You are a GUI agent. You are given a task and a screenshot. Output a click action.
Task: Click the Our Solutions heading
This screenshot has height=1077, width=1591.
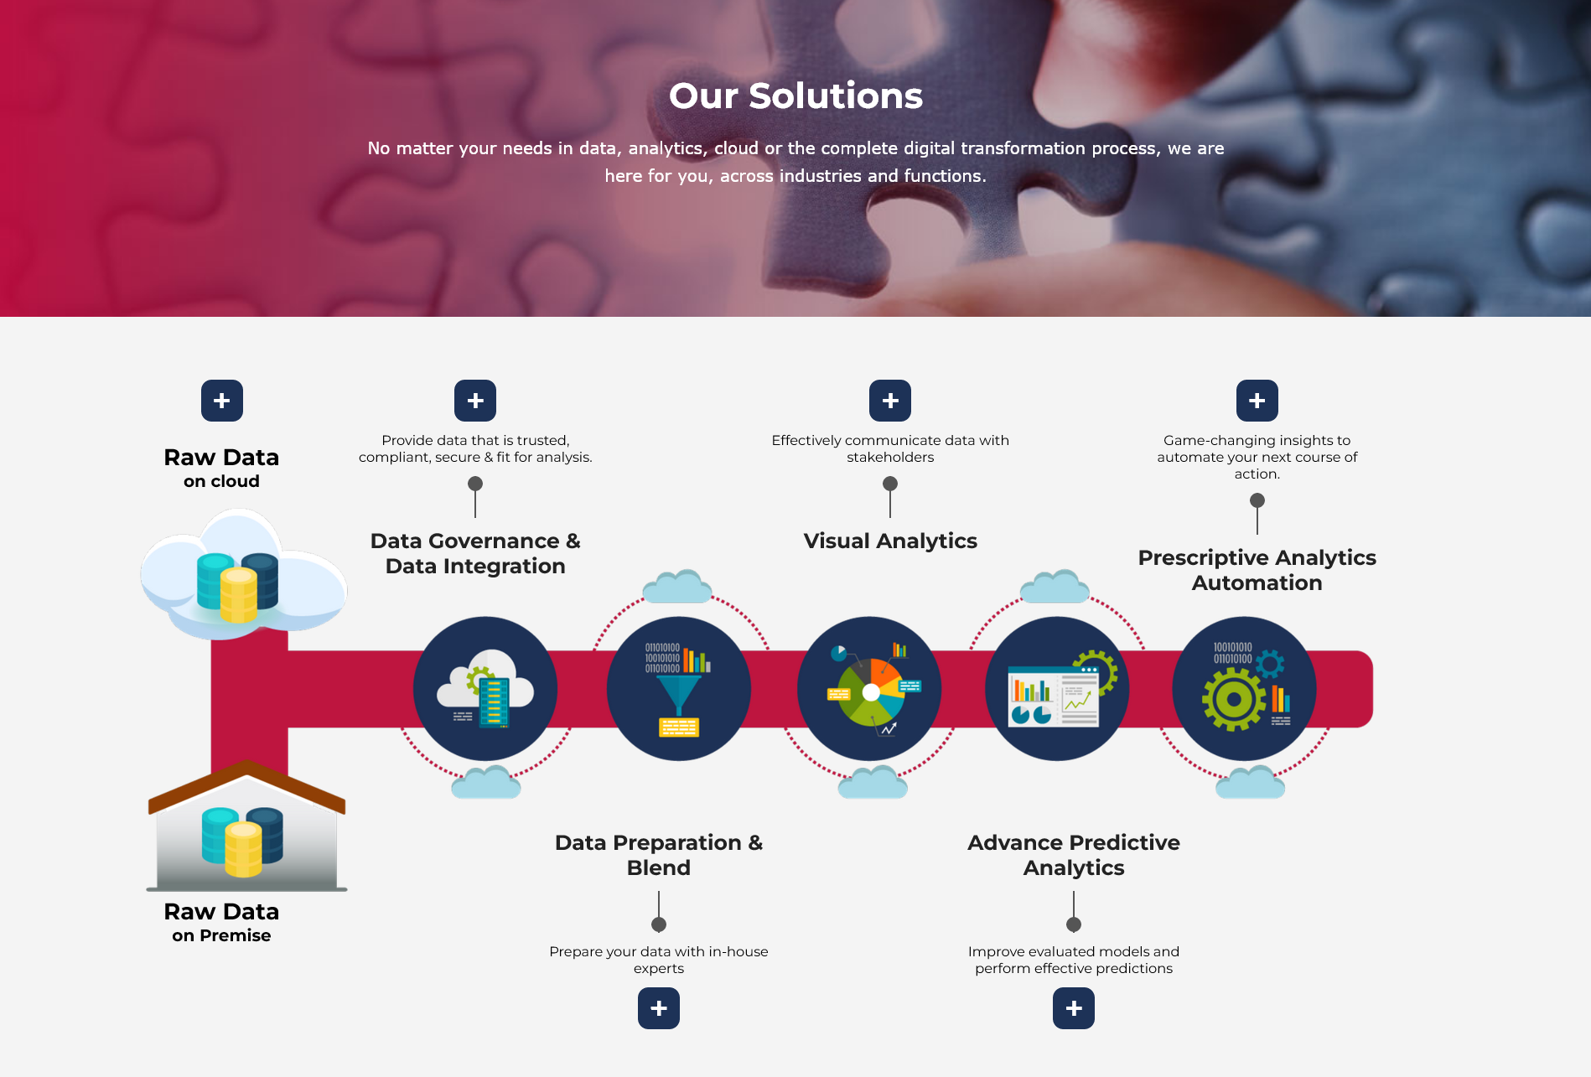(x=795, y=96)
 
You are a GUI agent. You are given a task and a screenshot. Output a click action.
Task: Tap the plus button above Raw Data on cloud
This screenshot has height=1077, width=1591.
(x=222, y=401)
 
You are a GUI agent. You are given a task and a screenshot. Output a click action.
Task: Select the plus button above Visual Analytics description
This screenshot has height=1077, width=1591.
(x=890, y=401)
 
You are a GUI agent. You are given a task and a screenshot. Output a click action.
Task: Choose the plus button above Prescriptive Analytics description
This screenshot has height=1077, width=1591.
(x=1257, y=401)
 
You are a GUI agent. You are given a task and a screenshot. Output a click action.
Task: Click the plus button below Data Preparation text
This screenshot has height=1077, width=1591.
(x=659, y=1008)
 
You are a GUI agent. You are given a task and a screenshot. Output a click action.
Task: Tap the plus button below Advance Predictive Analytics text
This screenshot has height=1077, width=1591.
(x=1074, y=1008)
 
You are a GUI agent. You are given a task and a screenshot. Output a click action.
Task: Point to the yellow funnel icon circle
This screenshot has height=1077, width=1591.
(x=679, y=689)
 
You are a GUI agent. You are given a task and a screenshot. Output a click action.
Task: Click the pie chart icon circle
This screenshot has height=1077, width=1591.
(x=869, y=689)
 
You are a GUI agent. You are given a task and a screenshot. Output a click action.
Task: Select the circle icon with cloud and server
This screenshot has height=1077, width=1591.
(x=485, y=689)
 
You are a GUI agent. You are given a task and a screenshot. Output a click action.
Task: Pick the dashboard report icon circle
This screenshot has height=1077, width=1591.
(x=1057, y=689)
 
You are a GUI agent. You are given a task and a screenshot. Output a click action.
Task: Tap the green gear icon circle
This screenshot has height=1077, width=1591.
(x=1244, y=689)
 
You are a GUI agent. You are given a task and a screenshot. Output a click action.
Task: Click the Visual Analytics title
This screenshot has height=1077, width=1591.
(x=890, y=541)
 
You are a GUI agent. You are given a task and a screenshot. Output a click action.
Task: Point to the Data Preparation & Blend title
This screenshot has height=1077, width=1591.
(x=659, y=855)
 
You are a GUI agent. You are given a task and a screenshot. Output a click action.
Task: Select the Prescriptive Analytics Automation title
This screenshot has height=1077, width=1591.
(x=1257, y=570)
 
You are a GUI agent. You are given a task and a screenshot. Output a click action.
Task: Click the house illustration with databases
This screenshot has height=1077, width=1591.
(x=246, y=826)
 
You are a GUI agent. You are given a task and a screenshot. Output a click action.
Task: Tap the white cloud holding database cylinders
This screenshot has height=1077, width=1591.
(x=244, y=574)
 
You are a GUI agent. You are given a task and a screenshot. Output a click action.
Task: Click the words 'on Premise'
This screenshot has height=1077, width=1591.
(x=221, y=935)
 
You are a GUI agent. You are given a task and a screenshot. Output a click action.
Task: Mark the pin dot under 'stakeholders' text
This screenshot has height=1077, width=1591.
(x=890, y=484)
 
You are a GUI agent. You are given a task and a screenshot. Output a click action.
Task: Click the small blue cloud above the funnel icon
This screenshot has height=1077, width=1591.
(x=677, y=587)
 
